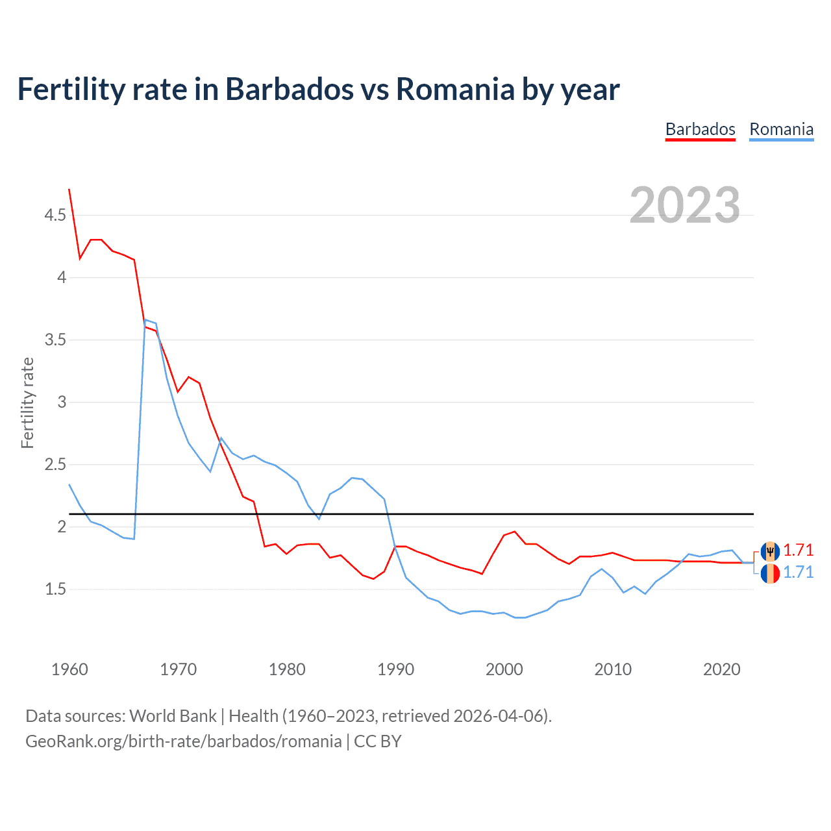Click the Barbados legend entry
pos(700,129)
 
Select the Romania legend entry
pos(781,129)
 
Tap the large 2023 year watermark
pos(685,205)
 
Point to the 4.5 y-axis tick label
pos(55,215)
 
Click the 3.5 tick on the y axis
pos(55,340)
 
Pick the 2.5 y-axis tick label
pos(55,464)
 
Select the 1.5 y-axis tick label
pos(55,589)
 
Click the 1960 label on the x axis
pos(69,669)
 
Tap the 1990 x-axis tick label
pos(395,669)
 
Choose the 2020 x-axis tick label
pos(721,669)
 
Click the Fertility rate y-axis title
pos(27,403)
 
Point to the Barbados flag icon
pos(770,551)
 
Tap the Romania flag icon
pos(770,573)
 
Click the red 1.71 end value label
pos(798,551)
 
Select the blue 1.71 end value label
pos(798,572)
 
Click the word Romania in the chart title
pos(455,89)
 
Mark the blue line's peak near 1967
pos(145,319)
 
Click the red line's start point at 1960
pos(69,190)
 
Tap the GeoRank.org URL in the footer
pos(183,741)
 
